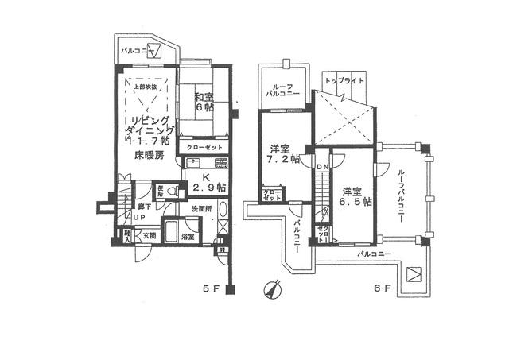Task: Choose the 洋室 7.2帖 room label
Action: (x=282, y=153)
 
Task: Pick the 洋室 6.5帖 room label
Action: (x=355, y=196)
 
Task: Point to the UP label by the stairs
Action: (x=138, y=216)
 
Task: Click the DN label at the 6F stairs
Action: (x=322, y=167)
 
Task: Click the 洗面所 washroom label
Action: (x=200, y=208)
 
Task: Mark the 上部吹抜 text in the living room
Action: (x=144, y=86)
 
